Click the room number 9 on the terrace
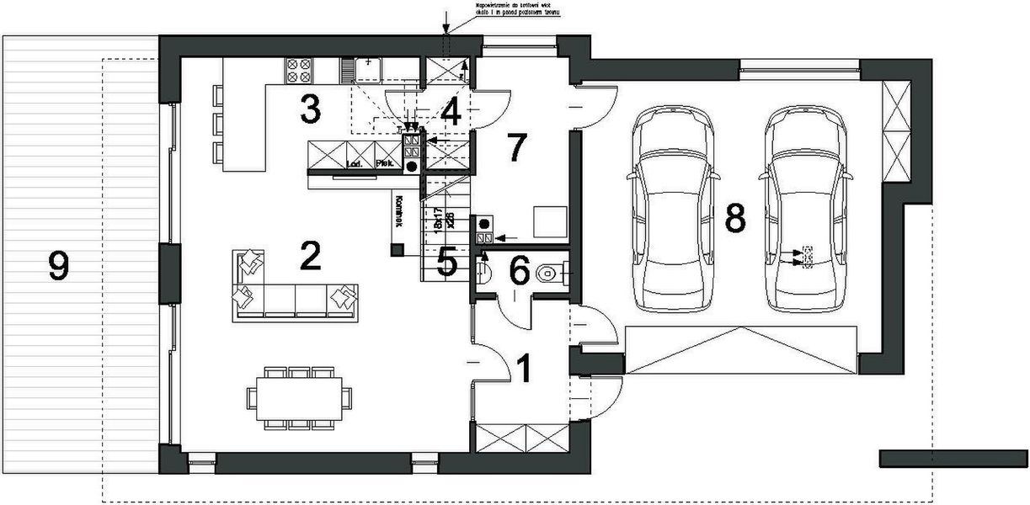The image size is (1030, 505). click(58, 267)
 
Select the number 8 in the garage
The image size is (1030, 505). click(734, 218)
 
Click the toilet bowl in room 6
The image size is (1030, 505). click(550, 272)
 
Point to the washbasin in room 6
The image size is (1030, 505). click(483, 271)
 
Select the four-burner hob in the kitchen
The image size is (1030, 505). click(298, 69)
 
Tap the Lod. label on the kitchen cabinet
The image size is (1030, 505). click(354, 164)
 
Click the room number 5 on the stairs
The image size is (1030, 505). click(447, 263)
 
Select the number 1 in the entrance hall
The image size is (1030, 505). click(523, 369)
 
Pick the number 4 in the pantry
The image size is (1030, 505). click(451, 112)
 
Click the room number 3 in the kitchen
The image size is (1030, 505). click(310, 109)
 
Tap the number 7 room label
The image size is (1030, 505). click(515, 148)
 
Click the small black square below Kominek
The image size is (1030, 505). click(396, 249)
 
